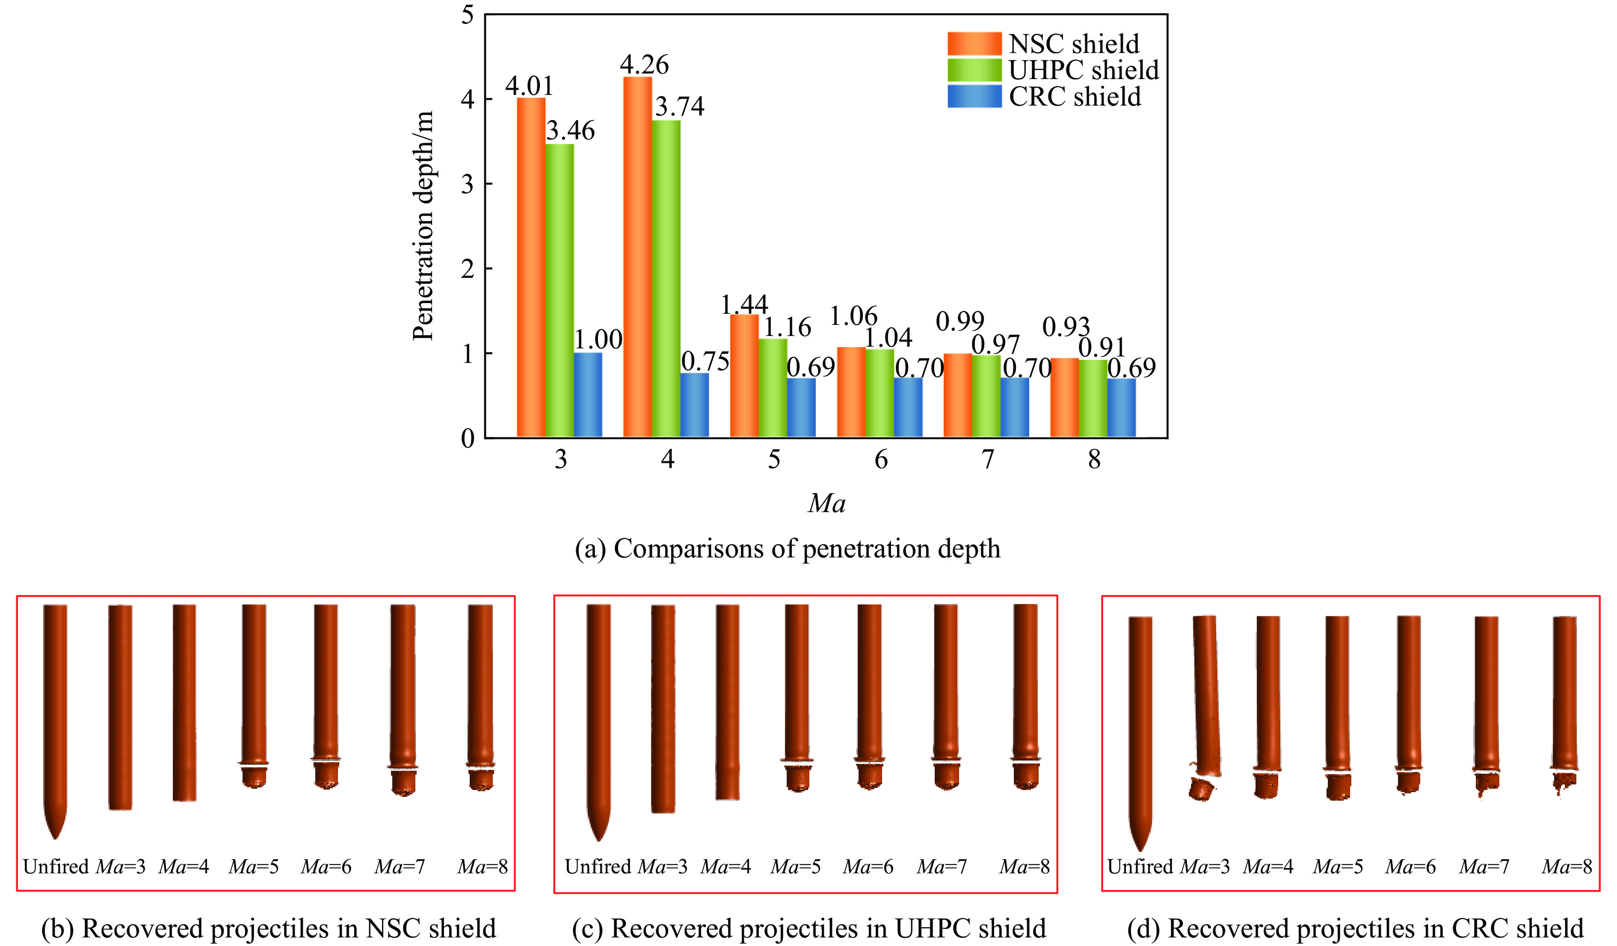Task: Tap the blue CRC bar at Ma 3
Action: pyautogui.click(x=588, y=395)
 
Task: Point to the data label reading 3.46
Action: pyautogui.click(x=571, y=131)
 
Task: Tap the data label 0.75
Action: pyautogui.click(x=705, y=362)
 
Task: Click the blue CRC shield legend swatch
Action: pyautogui.click(x=974, y=96)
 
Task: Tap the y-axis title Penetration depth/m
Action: pyautogui.click(x=423, y=226)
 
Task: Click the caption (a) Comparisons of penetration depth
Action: pyautogui.click(x=787, y=549)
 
